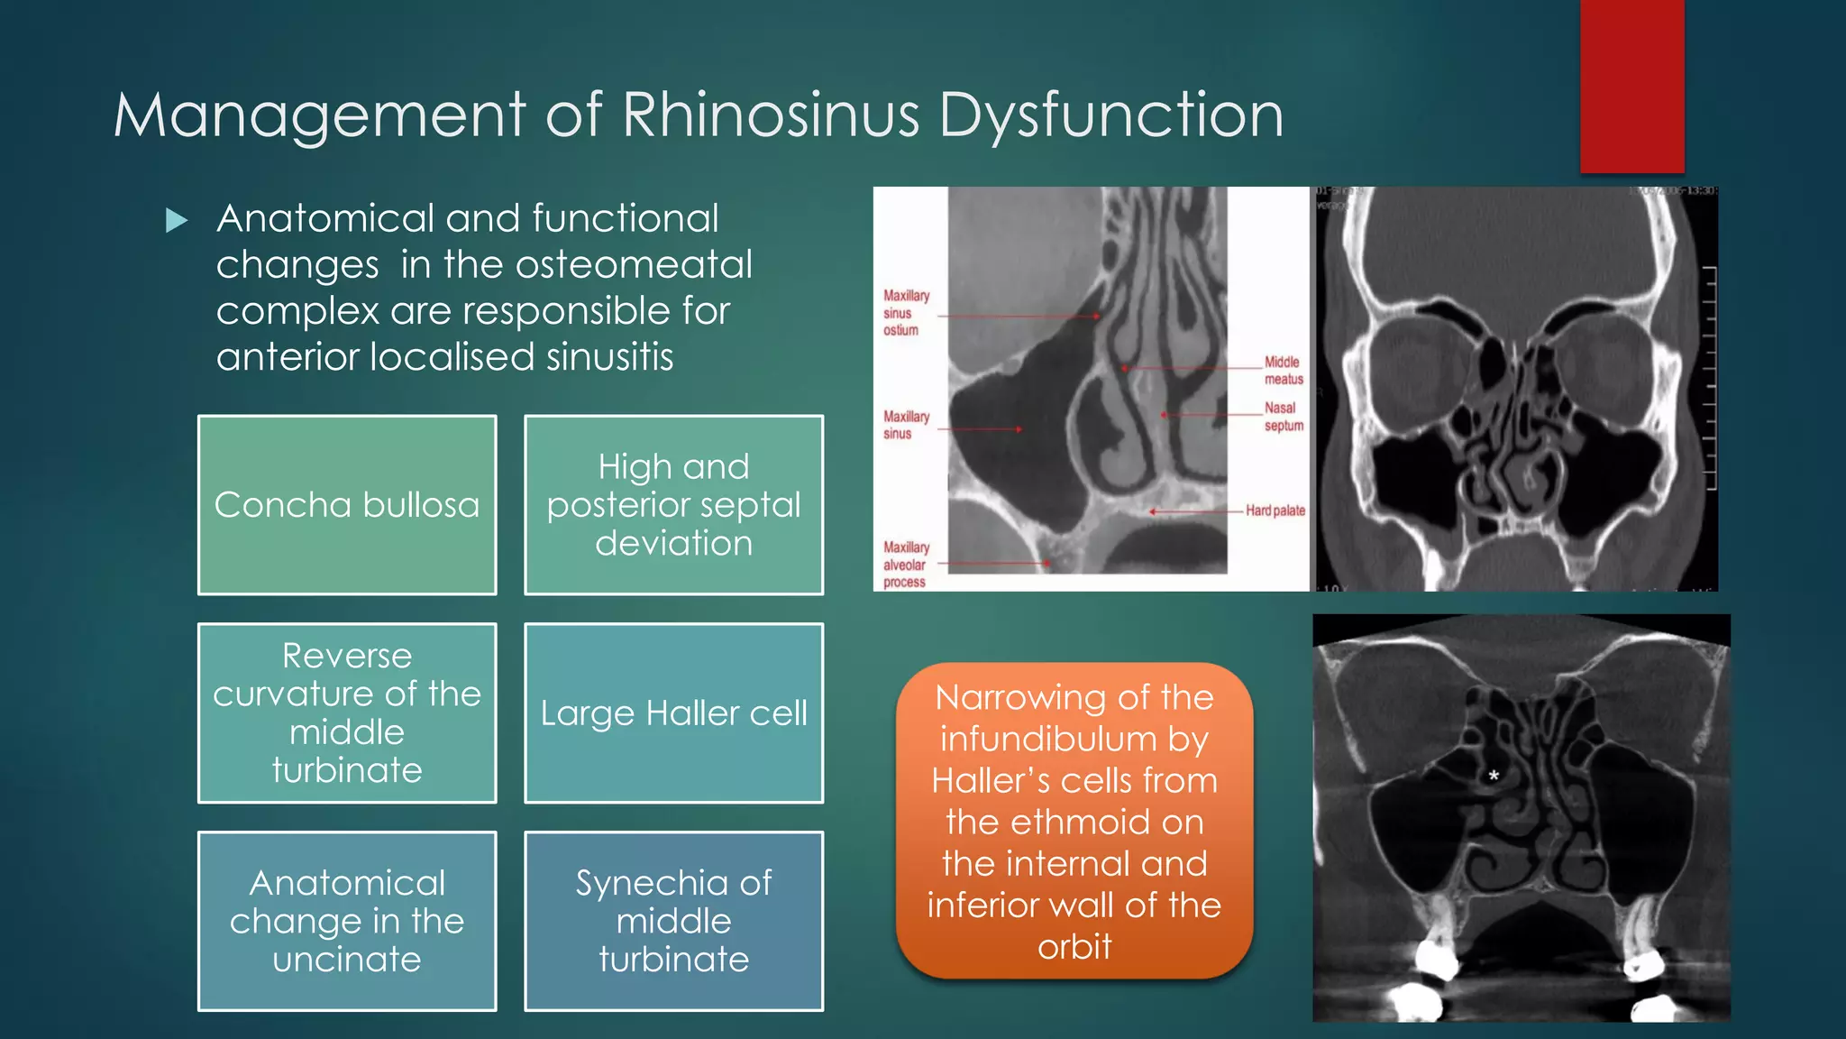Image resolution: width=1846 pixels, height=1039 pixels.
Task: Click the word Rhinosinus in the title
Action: [771, 115]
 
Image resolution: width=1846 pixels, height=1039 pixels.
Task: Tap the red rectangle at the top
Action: [1631, 86]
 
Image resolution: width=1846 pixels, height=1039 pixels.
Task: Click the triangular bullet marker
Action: [177, 220]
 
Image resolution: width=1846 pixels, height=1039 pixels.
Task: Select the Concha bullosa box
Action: [347, 505]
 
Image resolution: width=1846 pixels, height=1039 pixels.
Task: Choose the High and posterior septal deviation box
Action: [673, 505]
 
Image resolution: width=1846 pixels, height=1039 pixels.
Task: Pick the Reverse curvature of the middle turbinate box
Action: [347, 713]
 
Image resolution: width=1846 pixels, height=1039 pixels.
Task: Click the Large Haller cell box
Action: [673, 713]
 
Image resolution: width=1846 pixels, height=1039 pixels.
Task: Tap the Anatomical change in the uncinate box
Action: [347, 921]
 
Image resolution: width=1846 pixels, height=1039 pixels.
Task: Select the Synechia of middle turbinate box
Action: [673, 921]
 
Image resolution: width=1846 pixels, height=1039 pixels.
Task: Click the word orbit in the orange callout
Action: [1074, 947]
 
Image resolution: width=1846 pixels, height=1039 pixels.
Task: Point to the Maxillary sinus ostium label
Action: [905, 313]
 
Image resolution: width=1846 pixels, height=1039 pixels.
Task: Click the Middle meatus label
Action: [1283, 370]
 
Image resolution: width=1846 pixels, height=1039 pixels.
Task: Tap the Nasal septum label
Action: [1283, 417]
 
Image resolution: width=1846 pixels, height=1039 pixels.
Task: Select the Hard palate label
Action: [1275, 510]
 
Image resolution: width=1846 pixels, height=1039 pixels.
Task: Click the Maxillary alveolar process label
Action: [906, 565]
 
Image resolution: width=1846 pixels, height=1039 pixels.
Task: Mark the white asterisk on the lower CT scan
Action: [1494, 776]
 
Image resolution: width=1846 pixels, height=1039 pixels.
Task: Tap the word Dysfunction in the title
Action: [1110, 115]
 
